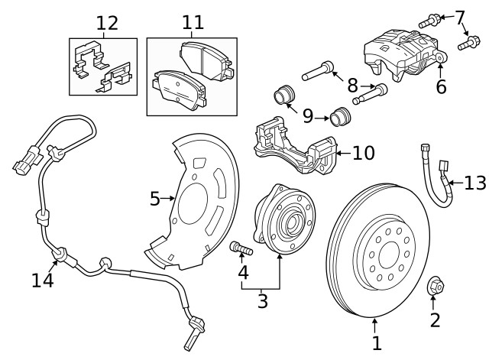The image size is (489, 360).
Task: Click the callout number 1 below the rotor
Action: [376, 344]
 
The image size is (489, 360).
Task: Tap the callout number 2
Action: [435, 319]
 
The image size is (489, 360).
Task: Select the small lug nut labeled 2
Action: [433, 287]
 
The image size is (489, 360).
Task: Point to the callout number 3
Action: [262, 301]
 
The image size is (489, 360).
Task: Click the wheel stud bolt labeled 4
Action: [240, 248]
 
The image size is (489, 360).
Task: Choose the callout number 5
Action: [155, 199]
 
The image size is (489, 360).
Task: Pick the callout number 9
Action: [308, 115]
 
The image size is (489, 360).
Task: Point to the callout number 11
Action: [187, 22]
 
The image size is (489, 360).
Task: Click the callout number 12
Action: [107, 22]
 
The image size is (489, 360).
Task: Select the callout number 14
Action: [42, 281]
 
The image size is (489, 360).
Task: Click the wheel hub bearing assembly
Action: [284, 222]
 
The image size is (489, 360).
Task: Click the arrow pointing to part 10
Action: [340, 154]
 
